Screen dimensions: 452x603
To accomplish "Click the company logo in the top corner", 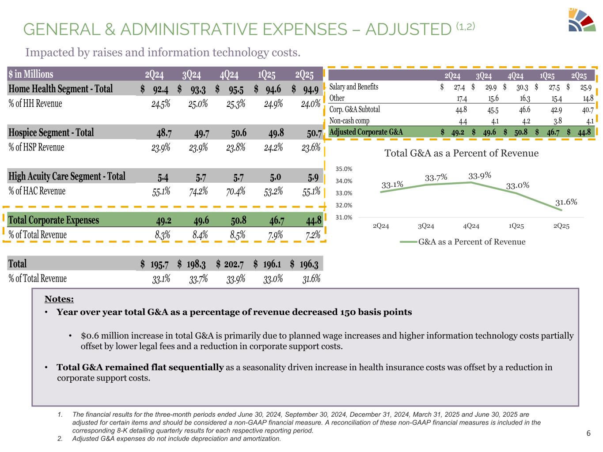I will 582,20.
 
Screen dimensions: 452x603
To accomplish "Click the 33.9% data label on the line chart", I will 480,175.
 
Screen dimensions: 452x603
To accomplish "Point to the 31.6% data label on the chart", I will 566,202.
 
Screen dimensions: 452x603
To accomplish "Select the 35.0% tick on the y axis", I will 344,169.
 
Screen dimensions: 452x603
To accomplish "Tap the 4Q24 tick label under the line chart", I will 471,226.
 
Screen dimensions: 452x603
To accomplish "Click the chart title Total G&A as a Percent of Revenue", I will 461,153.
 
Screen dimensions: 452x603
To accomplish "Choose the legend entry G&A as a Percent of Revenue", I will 472,242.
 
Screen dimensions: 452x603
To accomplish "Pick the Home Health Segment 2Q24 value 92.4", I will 160,89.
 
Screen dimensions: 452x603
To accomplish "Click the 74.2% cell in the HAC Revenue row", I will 198,191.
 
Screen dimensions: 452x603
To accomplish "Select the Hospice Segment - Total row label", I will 51,132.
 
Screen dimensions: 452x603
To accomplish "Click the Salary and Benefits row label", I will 354,87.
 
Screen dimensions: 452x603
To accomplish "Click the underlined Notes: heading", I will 59,300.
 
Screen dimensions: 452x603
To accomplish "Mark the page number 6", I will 588,433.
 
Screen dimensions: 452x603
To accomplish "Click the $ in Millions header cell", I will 31,74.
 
